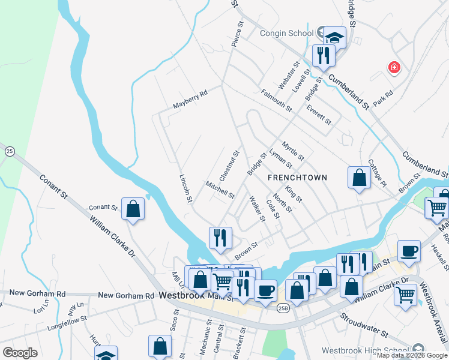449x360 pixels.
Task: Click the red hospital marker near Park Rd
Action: pyautogui.click(x=394, y=67)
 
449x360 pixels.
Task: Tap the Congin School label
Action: pyautogui.click(x=286, y=34)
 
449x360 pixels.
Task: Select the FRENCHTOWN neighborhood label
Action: pyautogui.click(x=297, y=178)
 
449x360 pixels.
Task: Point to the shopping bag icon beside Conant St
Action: pyautogui.click(x=133, y=209)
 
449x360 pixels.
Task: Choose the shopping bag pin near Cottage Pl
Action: pyautogui.click(x=359, y=178)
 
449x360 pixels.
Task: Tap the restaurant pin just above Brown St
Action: pyautogui.click(x=220, y=237)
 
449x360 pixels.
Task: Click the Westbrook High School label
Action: pyautogui.click(x=366, y=350)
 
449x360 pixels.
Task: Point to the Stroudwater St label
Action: pyautogui.click(x=364, y=324)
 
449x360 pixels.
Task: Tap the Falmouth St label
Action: pyautogui.click(x=276, y=100)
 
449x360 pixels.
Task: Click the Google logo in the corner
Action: pyautogui.click(x=20, y=353)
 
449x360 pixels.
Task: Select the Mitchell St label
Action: pyautogui.click(x=219, y=190)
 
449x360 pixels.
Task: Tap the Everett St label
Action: pyautogui.click(x=318, y=114)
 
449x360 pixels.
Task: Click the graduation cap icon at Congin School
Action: pyautogui.click(x=335, y=37)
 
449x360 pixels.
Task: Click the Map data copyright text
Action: pyautogui.click(x=412, y=355)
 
